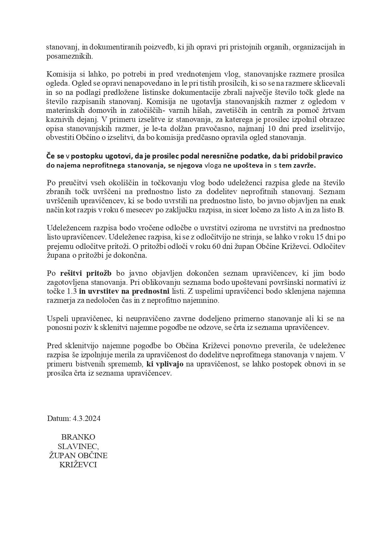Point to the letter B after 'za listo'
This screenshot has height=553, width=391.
pos(340,210)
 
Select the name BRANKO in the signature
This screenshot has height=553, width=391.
pos(78,437)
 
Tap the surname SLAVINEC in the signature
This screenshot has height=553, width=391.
pos(78,446)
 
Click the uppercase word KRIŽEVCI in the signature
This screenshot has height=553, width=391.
pos(78,465)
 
